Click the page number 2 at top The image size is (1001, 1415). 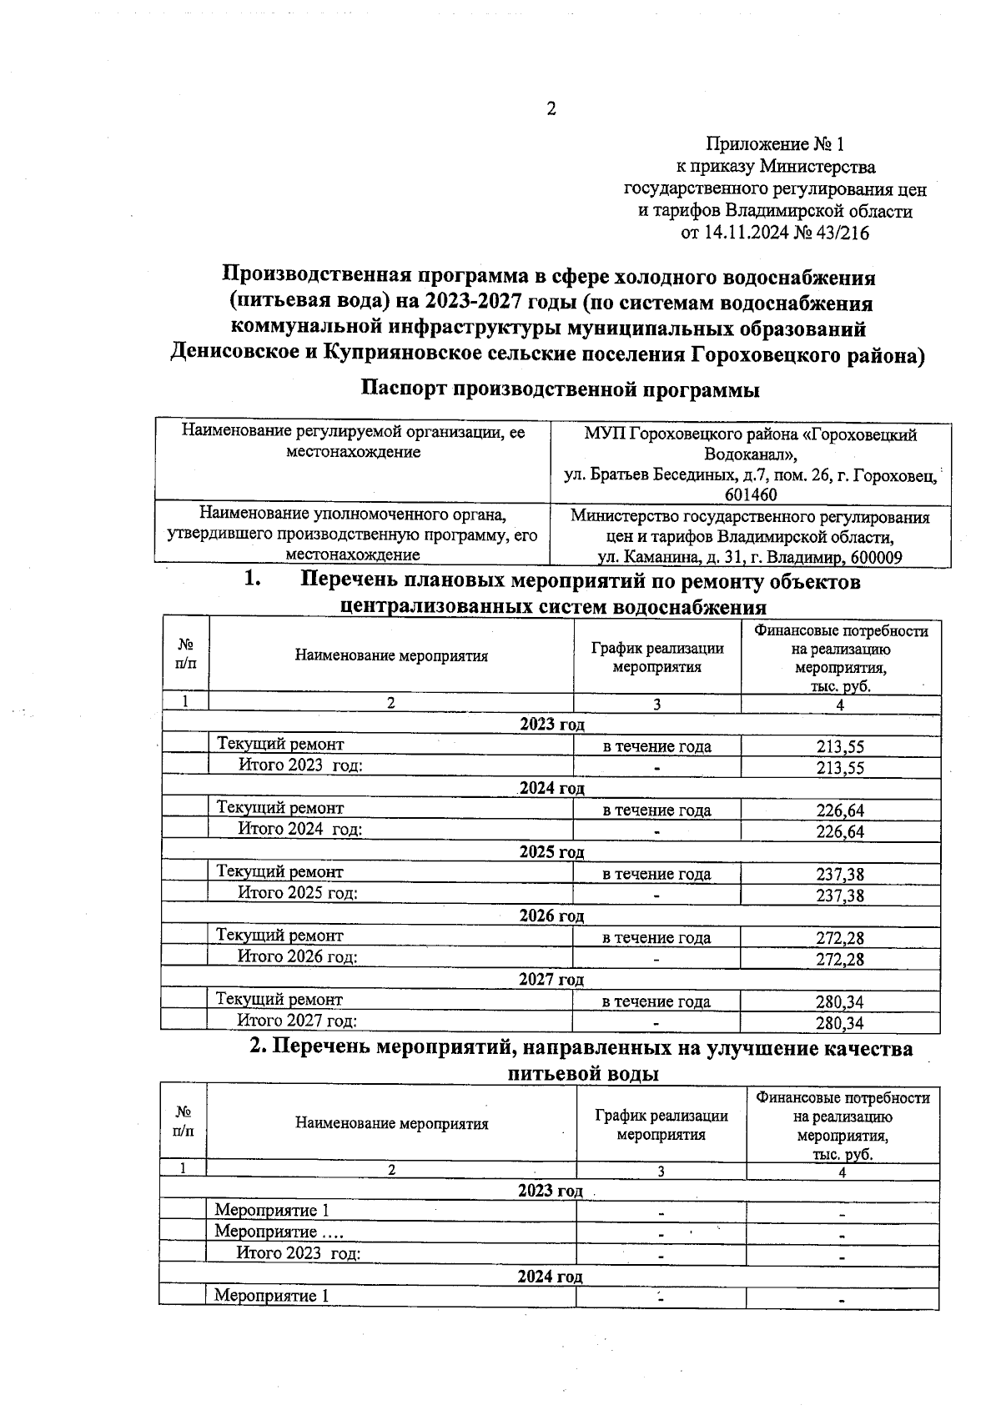coord(551,109)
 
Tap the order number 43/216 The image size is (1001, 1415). coord(843,233)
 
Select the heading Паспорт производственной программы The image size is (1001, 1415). coord(561,389)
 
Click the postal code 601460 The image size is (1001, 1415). coord(751,495)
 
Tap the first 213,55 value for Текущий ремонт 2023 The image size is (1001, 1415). coord(840,747)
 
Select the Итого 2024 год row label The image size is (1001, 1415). coord(300,829)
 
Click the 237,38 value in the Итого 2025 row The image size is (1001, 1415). coord(840,896)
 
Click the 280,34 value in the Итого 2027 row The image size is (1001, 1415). coord(840,1023)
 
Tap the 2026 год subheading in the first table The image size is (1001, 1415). coord(551,916)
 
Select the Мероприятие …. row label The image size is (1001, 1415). coord(279,1232)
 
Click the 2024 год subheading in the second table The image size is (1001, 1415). coord(550,1277)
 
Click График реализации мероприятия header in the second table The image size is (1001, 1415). coord(661,1125)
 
